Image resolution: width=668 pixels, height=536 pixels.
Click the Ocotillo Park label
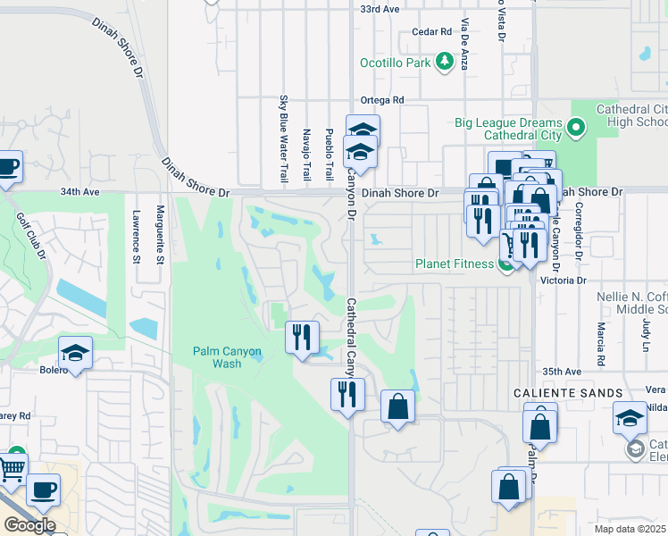396,63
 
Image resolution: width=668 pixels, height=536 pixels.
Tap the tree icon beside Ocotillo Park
445,62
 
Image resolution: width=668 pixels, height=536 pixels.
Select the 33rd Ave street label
380,8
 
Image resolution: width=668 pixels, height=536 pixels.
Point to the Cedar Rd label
432,32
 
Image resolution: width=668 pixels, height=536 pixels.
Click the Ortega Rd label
382,100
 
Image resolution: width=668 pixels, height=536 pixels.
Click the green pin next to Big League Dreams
576,128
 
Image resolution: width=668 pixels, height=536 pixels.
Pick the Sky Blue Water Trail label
284,138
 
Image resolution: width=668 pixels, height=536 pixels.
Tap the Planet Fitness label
454,264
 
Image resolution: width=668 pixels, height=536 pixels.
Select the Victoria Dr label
568,280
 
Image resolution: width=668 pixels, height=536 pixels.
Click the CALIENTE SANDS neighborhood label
567,393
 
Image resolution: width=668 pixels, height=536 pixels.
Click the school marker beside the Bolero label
76,353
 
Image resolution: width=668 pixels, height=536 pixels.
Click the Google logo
30,525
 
